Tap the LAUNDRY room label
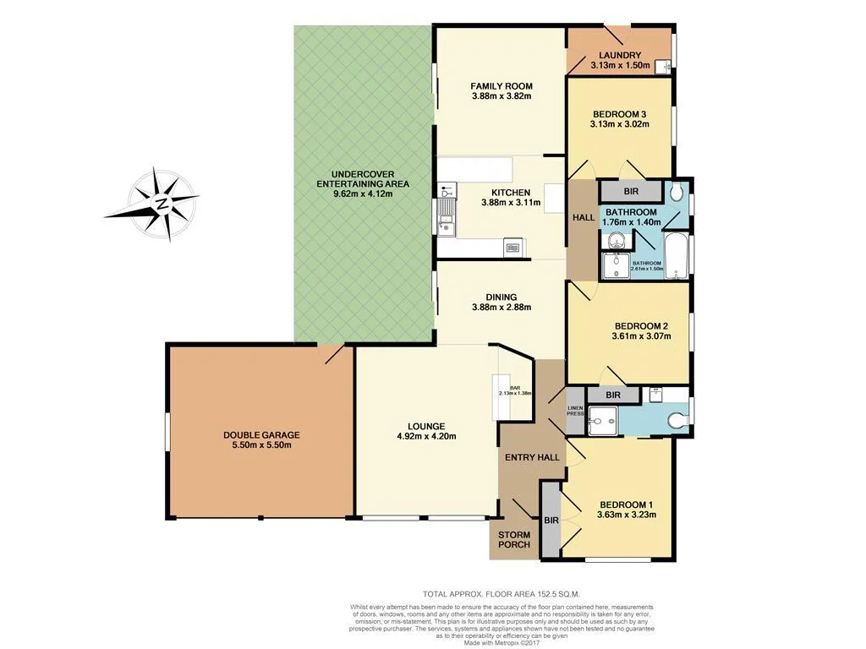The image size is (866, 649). [620, 56]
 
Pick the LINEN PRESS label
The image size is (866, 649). [575, 412]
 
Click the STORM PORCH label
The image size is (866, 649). [513, 539]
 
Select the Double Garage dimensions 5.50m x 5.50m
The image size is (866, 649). [261, 445]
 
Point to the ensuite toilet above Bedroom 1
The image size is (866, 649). [675, 420]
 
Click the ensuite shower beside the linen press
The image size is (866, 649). [603, 418]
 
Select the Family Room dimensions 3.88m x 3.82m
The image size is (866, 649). [501, 96]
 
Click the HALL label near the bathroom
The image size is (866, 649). [583, 217]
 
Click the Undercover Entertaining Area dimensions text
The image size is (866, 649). [362, 194]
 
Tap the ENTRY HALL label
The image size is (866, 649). [532, 457]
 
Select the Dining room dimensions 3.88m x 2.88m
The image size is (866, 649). [501, 308]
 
